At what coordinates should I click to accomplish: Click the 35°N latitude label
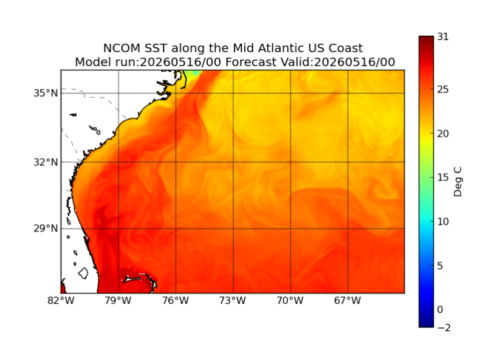point(46,93)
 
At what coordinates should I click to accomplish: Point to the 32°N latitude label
point(46,162)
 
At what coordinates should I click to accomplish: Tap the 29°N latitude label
point(46,228)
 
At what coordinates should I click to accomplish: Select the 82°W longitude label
point(61,300)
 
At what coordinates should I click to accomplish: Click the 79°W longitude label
point(118,300)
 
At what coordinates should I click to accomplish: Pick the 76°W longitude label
point(176,300)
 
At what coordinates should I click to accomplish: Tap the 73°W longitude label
point(233,300)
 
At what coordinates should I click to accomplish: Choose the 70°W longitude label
point(290,300)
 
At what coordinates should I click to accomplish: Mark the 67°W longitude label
point(347,300)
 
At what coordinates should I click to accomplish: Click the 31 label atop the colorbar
point(443,37)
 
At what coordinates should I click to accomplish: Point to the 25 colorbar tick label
point(443,89)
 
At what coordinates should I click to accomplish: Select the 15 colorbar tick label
point(443,177)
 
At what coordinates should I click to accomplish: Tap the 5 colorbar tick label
point(440,266)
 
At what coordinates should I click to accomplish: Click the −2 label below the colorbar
point(444,328)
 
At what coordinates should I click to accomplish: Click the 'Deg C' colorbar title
point(457,182)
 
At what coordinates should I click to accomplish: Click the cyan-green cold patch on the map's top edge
point(193,73)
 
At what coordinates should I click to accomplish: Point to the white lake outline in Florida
point(83,273)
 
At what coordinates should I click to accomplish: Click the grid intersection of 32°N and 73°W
point(233,162)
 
